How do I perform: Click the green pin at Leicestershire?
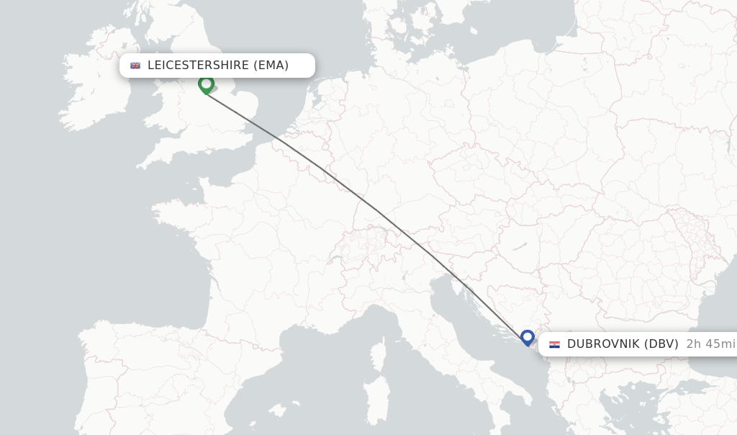tap(207, 85)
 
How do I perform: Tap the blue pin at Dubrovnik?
tap(528, 336)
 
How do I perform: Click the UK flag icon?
tap(135, 66)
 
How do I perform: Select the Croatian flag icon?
tap(554, 344)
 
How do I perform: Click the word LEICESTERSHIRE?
tap(198, 66)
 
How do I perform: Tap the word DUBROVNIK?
tap(603, 344)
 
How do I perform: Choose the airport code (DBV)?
tap(661, 344)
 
